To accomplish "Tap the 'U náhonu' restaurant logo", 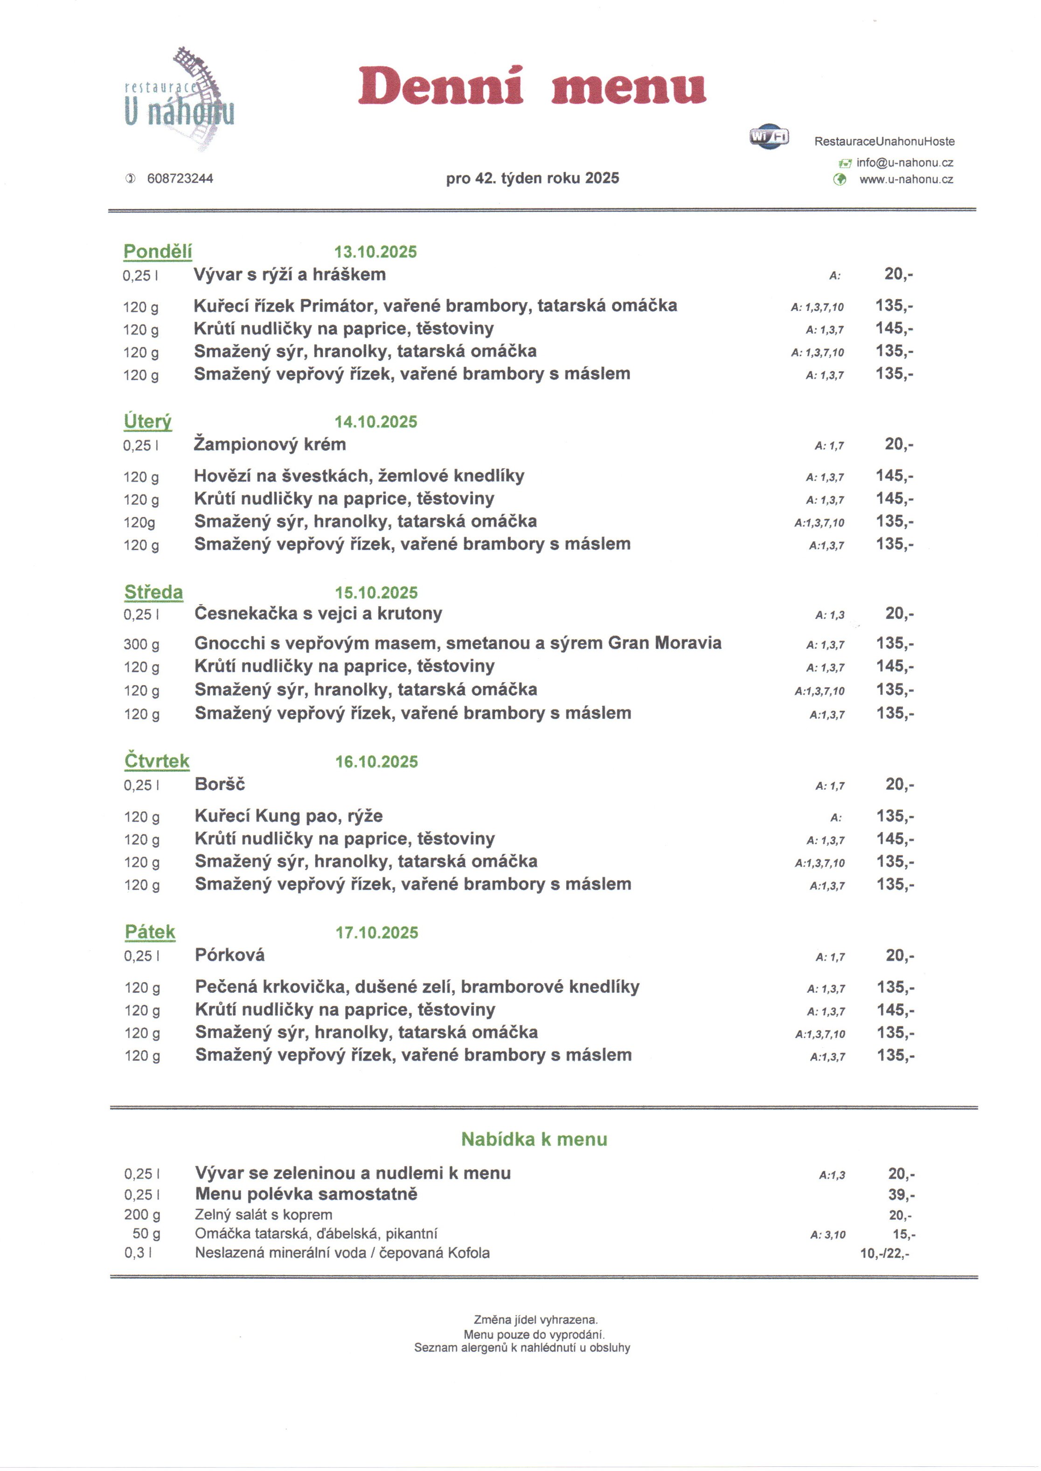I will (180, 99).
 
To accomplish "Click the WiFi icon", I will (769, 137).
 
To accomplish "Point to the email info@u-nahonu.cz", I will (904, 163).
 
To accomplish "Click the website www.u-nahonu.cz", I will (905, 179).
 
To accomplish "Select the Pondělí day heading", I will (158, 251).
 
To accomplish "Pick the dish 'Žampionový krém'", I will (270, 444).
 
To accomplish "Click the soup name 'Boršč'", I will (220, 784).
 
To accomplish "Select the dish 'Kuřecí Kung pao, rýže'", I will (288, 816).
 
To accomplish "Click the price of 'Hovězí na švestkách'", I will (894, 476).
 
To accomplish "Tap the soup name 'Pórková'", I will (229, 955).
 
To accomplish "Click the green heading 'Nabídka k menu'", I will (534, 1139).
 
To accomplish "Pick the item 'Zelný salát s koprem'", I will (264, 1215).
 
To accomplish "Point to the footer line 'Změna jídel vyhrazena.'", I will (535, 1320).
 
